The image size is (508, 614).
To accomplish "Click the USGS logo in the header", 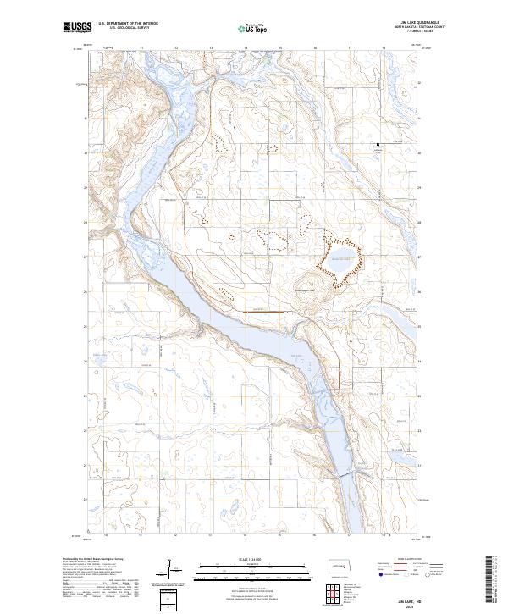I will click(77, 28).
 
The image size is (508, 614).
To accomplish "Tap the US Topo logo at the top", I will click(244, 28).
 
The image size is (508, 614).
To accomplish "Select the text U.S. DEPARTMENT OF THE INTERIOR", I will click(128, 24).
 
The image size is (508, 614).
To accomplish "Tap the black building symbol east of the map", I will click(378, 147).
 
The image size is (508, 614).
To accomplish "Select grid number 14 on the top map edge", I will click(246, 48).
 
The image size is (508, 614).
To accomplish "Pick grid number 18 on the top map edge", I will click(384, 48).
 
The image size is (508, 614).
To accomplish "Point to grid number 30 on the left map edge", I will click(86, 153).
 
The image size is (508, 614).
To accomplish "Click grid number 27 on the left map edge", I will click(86, 257).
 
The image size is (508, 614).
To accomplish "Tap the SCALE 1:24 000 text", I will click(245, 558).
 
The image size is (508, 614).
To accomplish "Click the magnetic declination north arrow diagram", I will click(169, 569).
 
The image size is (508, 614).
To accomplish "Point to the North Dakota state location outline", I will click(340, 565).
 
